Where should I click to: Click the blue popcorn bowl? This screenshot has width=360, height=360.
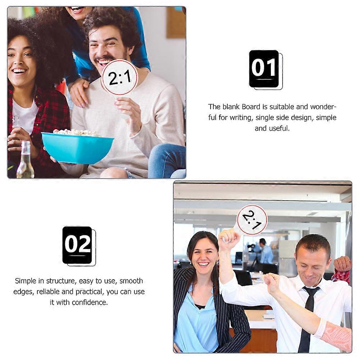click(77, 148)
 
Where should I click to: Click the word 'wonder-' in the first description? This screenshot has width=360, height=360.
click(323, 107)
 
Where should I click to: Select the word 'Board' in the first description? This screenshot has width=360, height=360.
click(251, 107)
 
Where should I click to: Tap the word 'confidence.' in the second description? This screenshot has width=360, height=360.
click(90, 303)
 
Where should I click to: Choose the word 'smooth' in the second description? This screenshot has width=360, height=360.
click(131, 281)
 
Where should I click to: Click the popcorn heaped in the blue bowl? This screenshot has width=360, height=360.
click(77, 133)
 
